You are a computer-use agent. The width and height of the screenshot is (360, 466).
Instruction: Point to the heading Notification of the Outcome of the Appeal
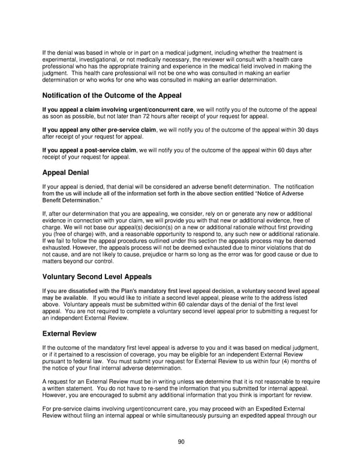point(112,95)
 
